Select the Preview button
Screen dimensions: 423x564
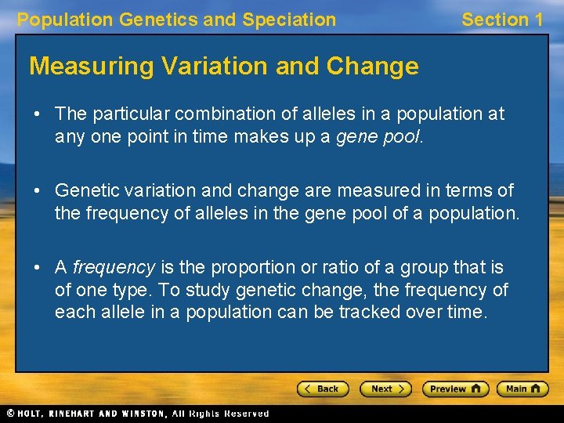click(455, 389)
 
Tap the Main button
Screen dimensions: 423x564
click(523, 389)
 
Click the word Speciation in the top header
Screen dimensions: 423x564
click(289, 20)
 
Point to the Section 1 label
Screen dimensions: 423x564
click(501, 20)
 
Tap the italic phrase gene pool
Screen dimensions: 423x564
click(379, 136)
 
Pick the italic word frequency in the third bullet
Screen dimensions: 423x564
click(114, 267)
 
